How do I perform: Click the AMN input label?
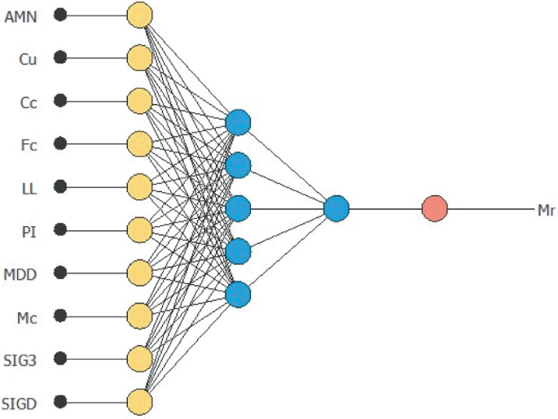pyautogui.click(x=21, y=15)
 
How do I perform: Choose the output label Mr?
pyautogui.click(x=546, y=209)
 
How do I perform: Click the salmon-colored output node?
pyautogui.click(x=434, y=209)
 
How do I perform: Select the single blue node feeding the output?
pyautogui.click(x=336, y=209)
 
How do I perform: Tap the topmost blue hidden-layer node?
pyautogui.click(x=238, y=123)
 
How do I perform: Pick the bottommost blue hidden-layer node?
pyautogui.click(x=238, y=294)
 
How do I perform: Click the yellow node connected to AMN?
pyautogui.click(x=140, y=15)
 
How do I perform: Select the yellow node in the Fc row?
pyautogui.click(x=140, y=144)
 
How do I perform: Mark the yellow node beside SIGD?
pyautogui.click(x=140, y=402)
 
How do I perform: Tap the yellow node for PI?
pyautogui.click(x=140, y=230)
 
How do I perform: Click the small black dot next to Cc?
pyautogui.click(x=59, y=101)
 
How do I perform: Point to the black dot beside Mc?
pyautogui.click(x=59, y=316)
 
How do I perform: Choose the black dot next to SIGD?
pyautogui.click(x=59, y=402)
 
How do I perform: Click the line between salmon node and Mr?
pyautogui.click(x=489, y=209)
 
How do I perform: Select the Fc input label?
pyautogui.click(x=28, y=144)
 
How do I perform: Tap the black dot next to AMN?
pyautogui.click(x=59, y=15)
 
